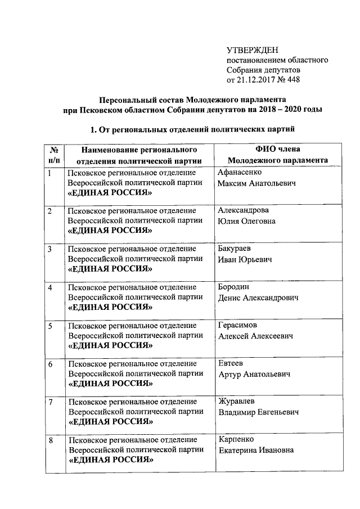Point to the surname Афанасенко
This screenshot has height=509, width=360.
click(x=240, y=173)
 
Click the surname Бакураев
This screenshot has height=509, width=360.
click(x=235, y=249)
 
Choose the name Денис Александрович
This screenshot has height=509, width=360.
click(x=258, y=298)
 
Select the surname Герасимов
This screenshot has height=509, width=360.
click(x=238, y=326)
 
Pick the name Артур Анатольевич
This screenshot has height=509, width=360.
click(x=254, y=374)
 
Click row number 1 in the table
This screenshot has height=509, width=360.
click(x=50, y=173)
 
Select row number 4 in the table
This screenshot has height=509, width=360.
click(x=51, y=288)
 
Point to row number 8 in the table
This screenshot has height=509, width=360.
click(x=51, y=440)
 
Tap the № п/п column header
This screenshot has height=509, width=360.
click(x=55, y=155)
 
